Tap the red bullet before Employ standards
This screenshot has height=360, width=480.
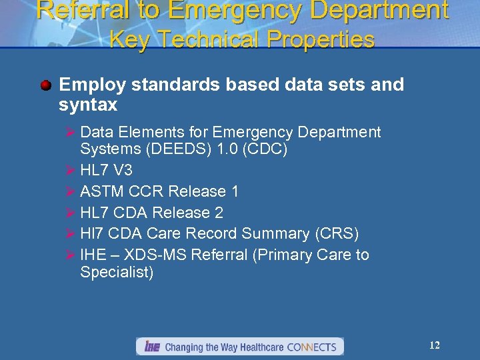(45, 85)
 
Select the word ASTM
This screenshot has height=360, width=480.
(102, 191)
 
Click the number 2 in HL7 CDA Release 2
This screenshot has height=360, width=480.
(219, 213)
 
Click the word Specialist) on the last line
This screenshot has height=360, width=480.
(117, 272)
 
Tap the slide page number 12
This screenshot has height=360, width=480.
(435, 345)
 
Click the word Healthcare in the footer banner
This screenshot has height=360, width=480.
(257, 347)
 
